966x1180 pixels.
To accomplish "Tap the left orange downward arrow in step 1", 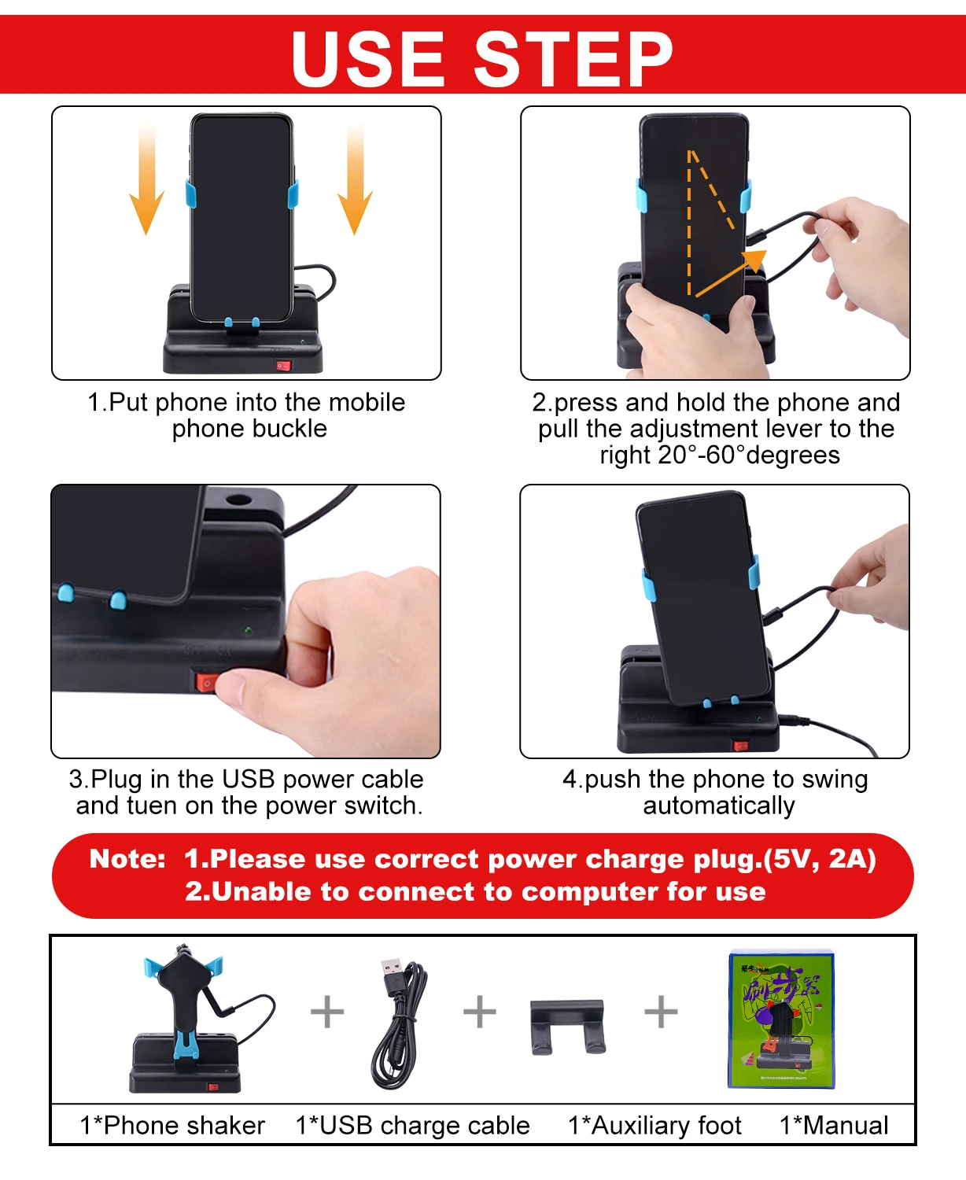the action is click(146, 180).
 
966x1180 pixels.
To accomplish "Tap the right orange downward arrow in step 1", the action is click(355, 180).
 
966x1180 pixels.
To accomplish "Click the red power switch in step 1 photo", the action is click(284, 365).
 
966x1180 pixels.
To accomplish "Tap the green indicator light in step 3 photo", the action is click(248, 631).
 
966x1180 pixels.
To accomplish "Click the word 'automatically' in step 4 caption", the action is click(719, 806).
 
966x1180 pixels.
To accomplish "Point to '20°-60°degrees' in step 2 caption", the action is click(748, 455).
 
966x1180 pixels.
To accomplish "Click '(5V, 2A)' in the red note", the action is click(820, 859).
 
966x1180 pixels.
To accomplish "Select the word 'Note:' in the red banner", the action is click(127, 859).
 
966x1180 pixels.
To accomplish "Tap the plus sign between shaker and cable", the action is click(327, 1012).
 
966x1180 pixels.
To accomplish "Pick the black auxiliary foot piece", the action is click(567, 1027).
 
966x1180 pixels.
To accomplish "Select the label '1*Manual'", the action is click(834, 1125).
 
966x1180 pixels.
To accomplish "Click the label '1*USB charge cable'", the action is click(412, 1126).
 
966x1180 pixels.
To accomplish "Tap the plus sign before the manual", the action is click(661, 1012).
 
